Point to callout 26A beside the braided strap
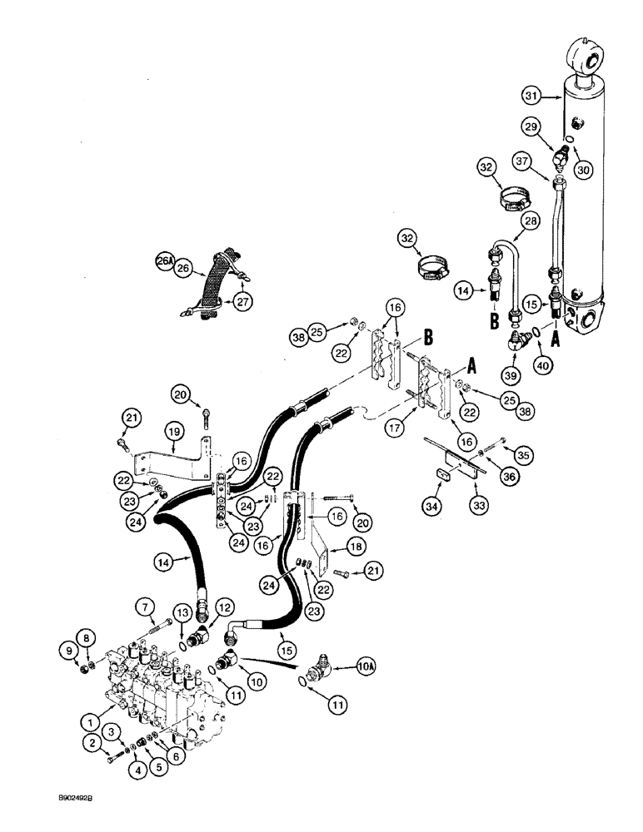pos(165,261)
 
